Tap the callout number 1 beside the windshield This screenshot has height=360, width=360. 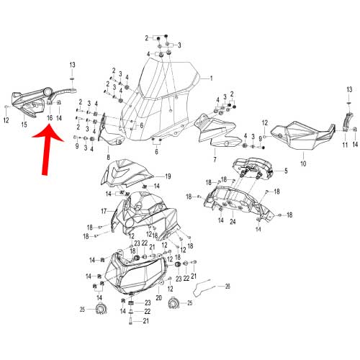pos(212,78)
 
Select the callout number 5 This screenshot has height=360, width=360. pos(285,171)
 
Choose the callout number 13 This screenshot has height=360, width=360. pos(72,65)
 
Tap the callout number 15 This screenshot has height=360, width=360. pos(24,125)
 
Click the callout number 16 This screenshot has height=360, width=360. pos(50,117)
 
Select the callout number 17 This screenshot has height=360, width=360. pos(104,210)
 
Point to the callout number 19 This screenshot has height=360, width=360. pos(167,176)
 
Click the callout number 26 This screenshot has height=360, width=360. pos(228,286)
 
